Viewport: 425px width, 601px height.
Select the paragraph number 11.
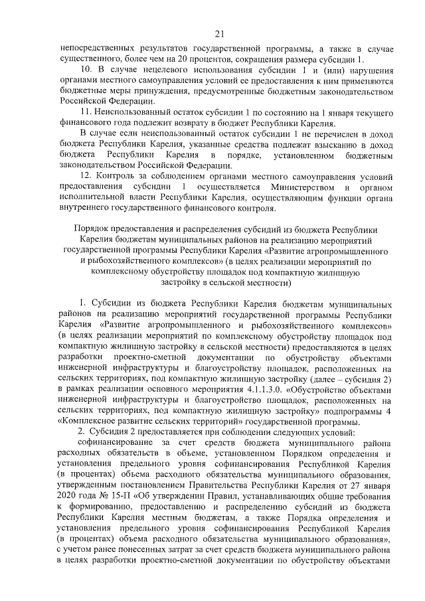click(85, 113)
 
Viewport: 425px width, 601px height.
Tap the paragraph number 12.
click(85, 176)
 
